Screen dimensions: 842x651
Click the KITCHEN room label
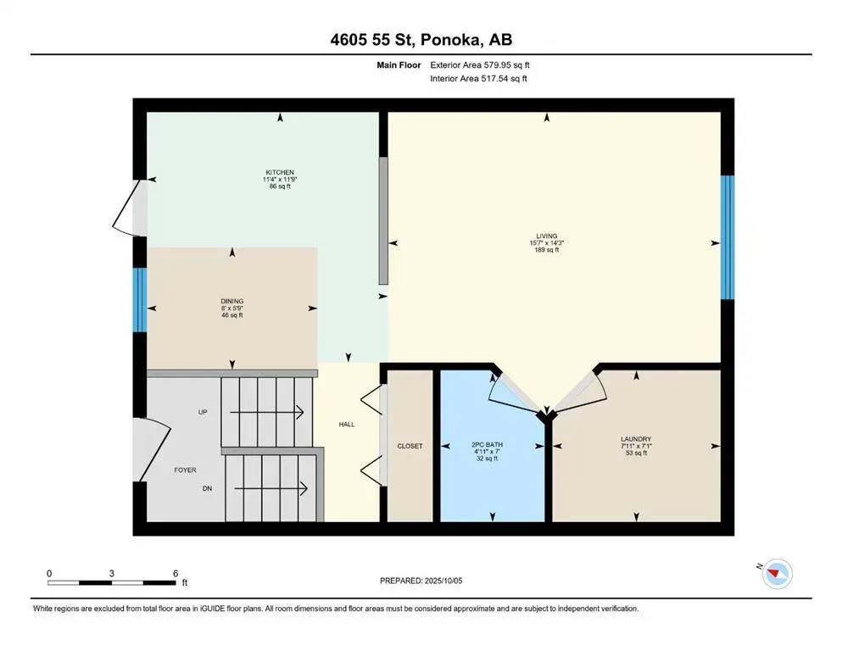click(280, 172)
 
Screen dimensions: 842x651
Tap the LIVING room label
click(547, 236)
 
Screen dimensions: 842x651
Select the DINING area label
click(232, 302)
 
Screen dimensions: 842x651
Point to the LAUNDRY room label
click(636, 439)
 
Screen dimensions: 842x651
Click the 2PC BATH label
click(487, 445)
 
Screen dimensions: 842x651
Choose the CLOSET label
click(410, 446)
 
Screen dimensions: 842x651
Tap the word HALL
click(347, 425)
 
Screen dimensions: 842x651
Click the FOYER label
click(185, 470)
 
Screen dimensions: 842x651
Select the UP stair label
click(203, 412)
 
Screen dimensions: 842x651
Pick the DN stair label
click(207, 488)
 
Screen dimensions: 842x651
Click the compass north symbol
click(776, 574)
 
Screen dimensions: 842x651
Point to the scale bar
click(112, 582)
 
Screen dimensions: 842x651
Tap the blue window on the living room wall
click(727, 237)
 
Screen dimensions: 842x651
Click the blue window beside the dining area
click(140, 300)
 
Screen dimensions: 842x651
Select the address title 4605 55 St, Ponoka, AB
click(421, 40)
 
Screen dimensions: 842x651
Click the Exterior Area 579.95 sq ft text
click(480, 65)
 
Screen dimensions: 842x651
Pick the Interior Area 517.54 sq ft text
click(478, 78)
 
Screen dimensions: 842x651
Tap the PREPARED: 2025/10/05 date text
click(421, 581)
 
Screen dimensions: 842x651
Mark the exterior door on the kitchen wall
click(130, 208)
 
